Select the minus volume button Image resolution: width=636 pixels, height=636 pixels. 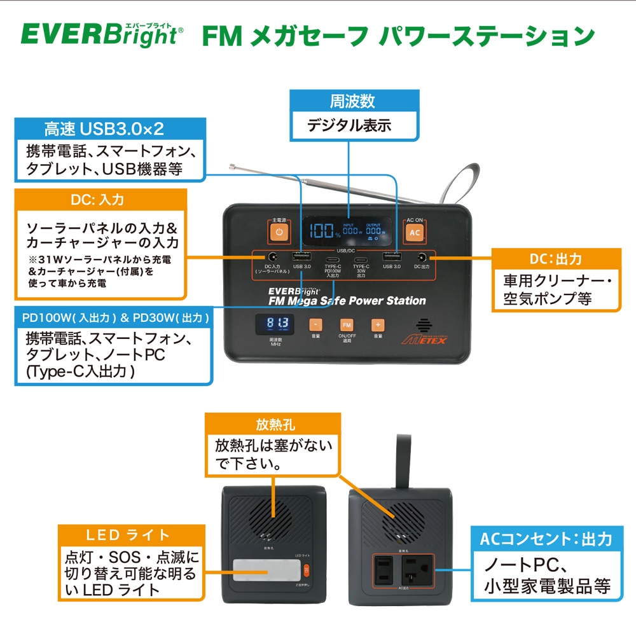pos(315,324)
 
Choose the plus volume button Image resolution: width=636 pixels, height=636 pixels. pos(378,324)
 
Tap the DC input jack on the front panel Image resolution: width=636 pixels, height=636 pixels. pos(273,258)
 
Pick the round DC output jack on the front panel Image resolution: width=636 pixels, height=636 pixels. pos(421,258)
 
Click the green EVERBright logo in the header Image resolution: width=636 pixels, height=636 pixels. pos(99,35)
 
